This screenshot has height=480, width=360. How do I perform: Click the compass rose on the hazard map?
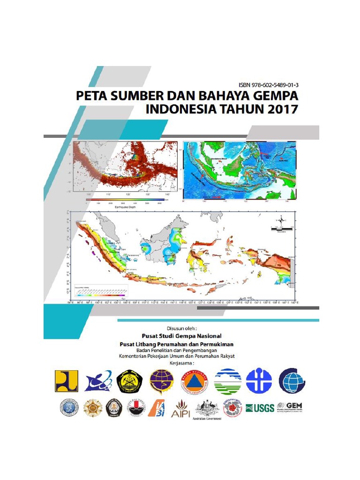[280, 219]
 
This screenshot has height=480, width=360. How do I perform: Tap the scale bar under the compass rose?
[280, 228]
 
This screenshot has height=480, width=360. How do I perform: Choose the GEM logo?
[289, 406]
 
